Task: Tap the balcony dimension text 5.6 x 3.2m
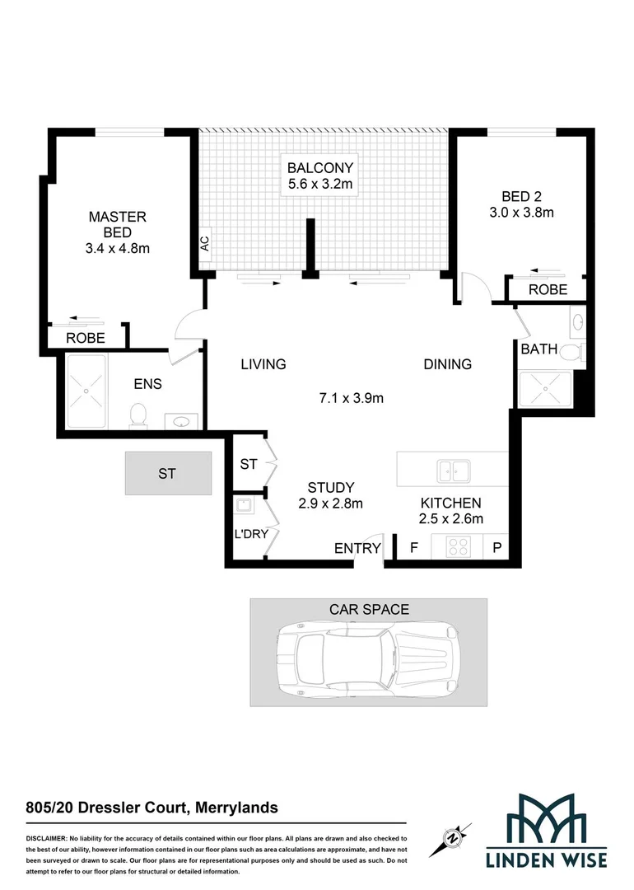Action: [320, 185]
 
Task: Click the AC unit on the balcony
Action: [204, 243]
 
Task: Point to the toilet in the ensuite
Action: [138, 414]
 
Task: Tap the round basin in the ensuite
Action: [181, 422]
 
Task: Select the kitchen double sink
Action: [454, 471]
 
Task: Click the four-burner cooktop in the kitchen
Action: [457, 546]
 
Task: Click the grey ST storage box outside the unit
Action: [168, 473]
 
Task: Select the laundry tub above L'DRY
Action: [245, 506]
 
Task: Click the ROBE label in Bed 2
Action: [548, 289]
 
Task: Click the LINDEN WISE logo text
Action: [546, 860]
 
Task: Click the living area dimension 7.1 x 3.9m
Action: [352, 399]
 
